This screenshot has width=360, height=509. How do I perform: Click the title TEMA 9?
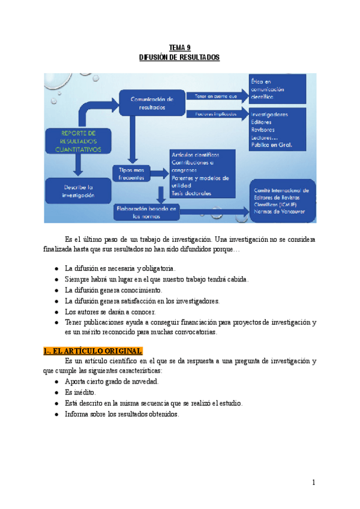[179, 47]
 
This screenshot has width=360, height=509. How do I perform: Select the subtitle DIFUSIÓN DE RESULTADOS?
[179, 58]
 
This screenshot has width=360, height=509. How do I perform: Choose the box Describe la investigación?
[76, 191]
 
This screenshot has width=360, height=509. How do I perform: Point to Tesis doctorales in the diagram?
[191, 193]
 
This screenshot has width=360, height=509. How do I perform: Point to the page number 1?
[313, 482]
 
